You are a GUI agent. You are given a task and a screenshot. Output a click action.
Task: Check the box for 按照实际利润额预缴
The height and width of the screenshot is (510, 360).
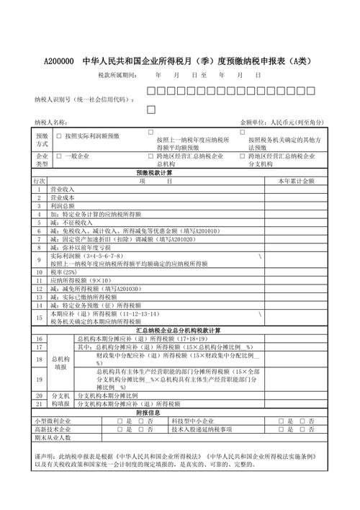coord(59,135)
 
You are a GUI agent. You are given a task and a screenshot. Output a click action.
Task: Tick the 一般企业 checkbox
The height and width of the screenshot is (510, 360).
coord(59,156)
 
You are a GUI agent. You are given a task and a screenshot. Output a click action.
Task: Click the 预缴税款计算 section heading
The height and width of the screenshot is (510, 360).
coord(154,173)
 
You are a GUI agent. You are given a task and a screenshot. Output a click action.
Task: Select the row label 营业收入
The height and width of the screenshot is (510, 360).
coord(63,189)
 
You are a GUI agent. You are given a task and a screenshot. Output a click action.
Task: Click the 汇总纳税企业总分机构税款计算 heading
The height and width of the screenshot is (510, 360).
coord(180,330)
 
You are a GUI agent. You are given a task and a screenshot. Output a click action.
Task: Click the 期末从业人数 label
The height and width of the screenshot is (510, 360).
coord(53,437)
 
